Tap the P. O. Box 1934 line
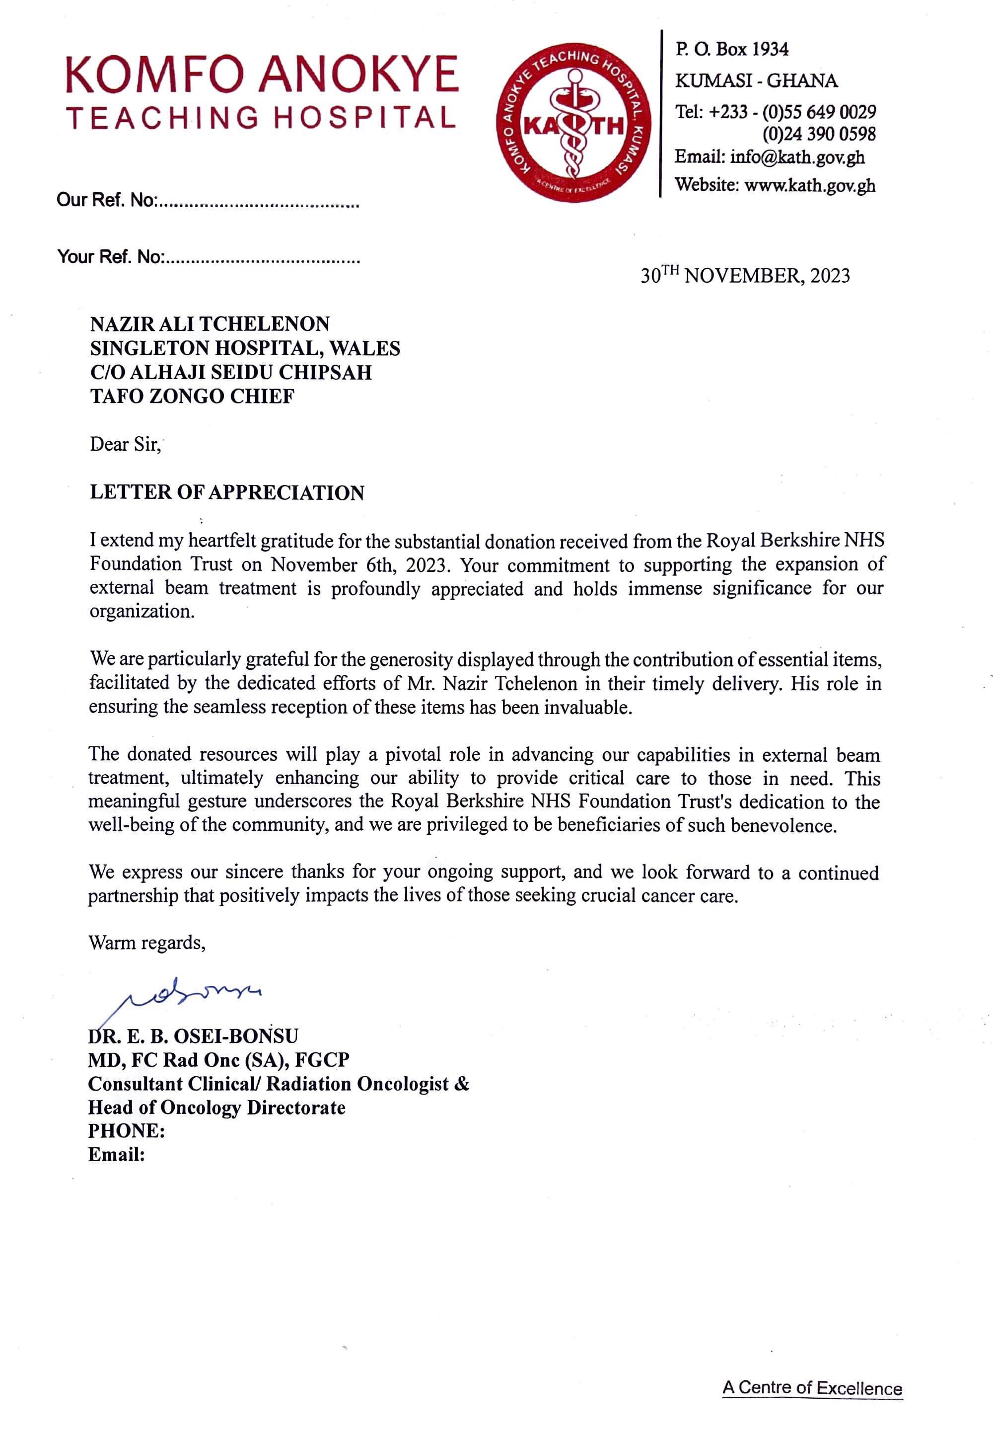(732, 49)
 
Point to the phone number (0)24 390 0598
(819, 134)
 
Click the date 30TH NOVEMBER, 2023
(745, 275)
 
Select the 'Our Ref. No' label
(106, 200)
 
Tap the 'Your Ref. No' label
(110, 256)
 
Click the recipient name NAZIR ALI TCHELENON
(210, 324)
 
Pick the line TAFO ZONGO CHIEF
(192, 396)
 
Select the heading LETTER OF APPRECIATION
(226, 492)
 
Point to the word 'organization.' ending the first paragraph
(142, 611)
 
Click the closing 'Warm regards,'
(147, 943)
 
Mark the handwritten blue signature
(187, 995)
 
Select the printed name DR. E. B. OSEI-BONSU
(193, 1036)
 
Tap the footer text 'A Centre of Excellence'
(811, 1388)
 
